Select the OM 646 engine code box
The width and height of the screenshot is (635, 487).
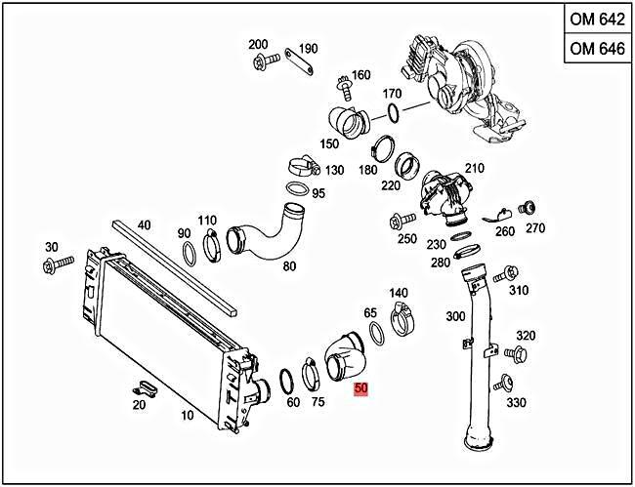tap(596, 49)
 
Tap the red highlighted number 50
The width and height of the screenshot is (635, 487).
tap(361, 388)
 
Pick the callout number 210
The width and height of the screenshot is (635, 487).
tap(475, 168)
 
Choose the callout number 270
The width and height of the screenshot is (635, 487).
tap(535, 230)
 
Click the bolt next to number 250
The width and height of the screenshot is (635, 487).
tap(401, 220)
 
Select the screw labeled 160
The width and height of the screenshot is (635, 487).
tap(342, 86)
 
